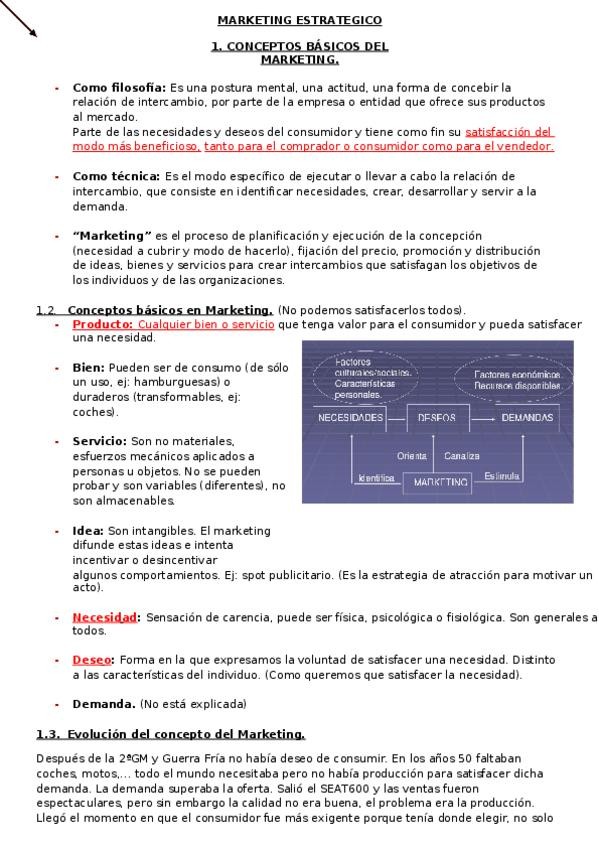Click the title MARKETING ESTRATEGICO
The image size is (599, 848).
(299, 20)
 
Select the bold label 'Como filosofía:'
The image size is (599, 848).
(119, 87)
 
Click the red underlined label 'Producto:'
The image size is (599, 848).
(103, 324)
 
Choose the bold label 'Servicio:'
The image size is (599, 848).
(99, 441)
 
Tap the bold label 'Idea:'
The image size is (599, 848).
(88, 530)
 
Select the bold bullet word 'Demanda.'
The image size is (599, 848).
(104, 703)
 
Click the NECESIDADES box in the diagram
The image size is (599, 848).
(350, 417)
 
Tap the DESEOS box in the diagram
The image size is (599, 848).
(437, 417)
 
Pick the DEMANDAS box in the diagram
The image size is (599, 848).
(527, 417)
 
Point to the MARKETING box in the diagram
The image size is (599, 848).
(440, 482)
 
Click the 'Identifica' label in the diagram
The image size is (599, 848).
(376, 478)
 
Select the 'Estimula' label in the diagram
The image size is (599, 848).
(502, 476)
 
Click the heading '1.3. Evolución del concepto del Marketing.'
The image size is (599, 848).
(170, 734)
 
